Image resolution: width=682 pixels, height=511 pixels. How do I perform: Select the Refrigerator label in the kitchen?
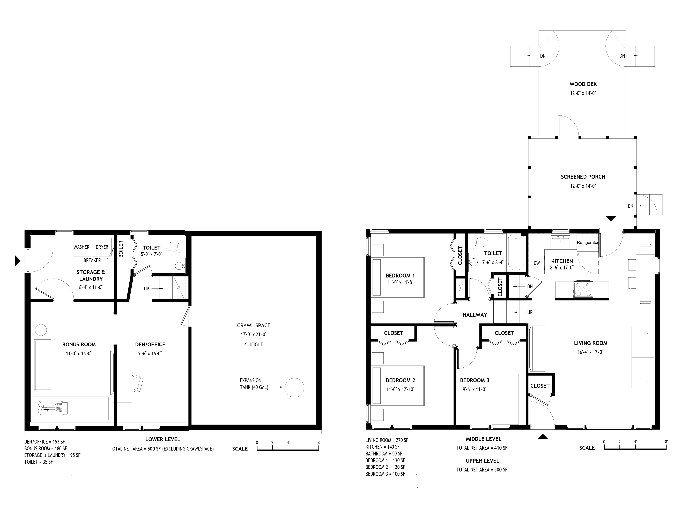[587, 242]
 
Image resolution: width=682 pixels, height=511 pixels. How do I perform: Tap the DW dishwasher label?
[537, 263]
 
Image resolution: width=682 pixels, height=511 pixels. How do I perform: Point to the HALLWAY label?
[475, 314]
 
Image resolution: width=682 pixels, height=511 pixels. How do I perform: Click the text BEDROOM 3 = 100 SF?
[385, 474]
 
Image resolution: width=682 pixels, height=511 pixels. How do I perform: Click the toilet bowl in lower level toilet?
[173, 246]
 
